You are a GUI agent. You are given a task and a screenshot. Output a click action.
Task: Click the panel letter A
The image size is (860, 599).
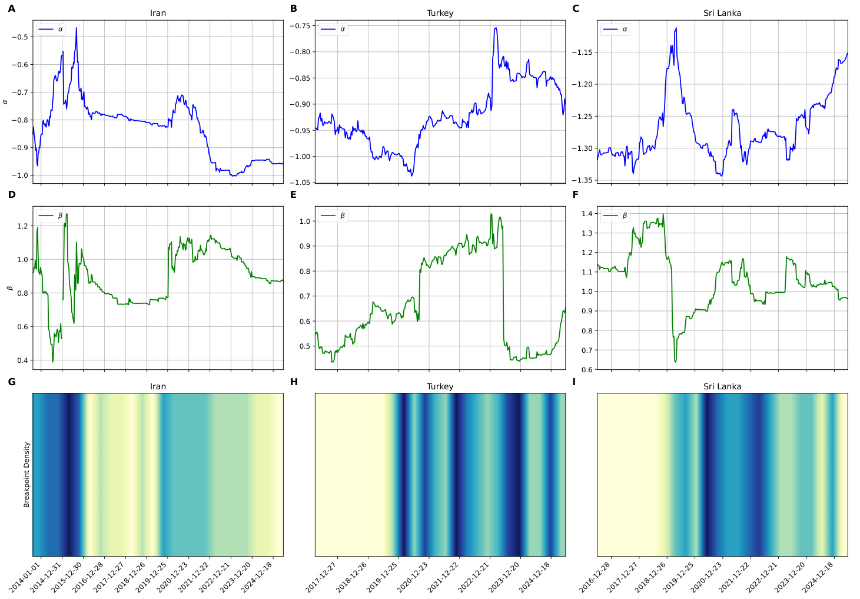click(11, 9)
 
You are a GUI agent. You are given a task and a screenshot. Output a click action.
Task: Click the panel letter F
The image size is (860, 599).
click(575, 195)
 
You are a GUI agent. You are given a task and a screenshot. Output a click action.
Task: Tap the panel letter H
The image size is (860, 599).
click(294, 382)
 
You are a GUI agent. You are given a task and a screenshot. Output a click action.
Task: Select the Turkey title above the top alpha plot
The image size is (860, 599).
click(440, 13)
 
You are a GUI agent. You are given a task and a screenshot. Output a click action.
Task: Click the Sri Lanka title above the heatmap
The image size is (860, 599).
click(722, 386)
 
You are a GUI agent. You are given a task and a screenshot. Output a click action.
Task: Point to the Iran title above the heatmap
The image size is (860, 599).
click(158, 386)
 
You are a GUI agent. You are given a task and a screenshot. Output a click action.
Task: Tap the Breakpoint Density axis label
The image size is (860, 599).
click(26, 475)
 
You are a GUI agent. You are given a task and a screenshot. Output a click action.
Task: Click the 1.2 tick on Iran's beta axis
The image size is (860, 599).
click(23, 226)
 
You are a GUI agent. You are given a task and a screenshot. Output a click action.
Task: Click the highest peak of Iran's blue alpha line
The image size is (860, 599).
click(76, 28)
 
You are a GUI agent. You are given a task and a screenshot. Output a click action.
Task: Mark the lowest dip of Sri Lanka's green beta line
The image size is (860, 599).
click(675, 362)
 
